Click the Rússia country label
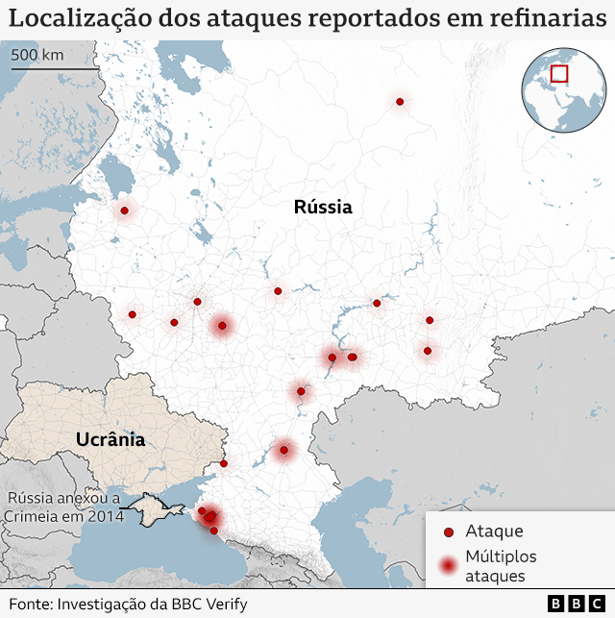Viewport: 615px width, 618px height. pos(323,207)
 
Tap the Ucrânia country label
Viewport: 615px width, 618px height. pos(111,439)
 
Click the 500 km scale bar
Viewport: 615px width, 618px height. pos(54,68)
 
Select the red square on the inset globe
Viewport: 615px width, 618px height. pos(559,73)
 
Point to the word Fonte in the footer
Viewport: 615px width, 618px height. pos(31,604)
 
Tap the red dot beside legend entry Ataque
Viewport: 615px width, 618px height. pos(448,531)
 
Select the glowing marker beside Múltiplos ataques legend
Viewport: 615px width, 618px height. pos(448,566)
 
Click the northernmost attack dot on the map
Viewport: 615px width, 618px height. pos(399,101)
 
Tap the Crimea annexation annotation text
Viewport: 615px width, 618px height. pos(63,507)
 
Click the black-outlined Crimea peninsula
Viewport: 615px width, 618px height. pos(151,509)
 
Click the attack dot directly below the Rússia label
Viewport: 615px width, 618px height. pos(278,290)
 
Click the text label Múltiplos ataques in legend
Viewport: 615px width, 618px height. pos(501,566)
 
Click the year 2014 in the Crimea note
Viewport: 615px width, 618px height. pos(106,517)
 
